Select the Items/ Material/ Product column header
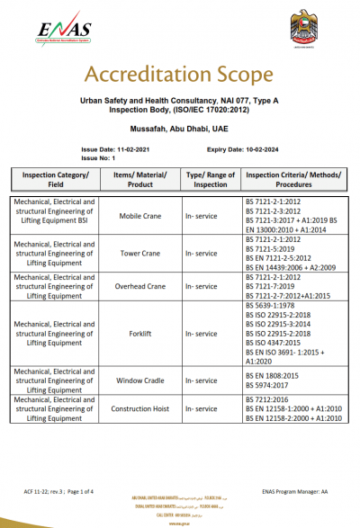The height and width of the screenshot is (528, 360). pos(140,178)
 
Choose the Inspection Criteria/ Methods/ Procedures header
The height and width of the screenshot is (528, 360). pos(292,178)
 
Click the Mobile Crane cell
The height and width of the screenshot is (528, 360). pos(140,217)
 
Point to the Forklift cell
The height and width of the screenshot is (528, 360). pos(140,332)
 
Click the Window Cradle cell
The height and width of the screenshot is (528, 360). pos(140,381)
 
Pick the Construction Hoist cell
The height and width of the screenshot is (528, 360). pos(140,408)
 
